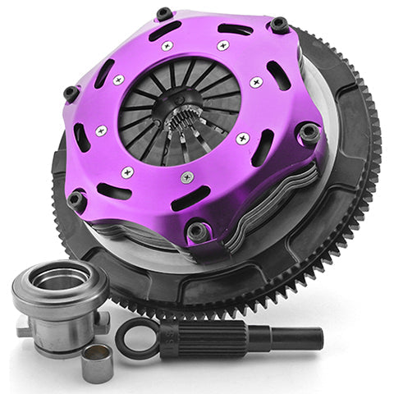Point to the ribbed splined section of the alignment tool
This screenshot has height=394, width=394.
(x=215, y=337)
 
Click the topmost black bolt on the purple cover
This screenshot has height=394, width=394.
(x=164, y=14)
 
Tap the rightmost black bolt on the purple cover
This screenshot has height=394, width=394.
(x=309, y=131)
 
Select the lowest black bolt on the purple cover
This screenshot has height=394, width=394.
(x=198, y=231)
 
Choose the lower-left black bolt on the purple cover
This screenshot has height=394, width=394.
(x=77, y=198)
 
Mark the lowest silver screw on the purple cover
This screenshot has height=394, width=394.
(x=188, y=178)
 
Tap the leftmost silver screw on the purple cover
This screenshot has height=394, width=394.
(x=102, y=131)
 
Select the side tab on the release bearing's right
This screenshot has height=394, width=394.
(x=102, y=321)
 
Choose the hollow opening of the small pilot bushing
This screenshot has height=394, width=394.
(x=98, y=355)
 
